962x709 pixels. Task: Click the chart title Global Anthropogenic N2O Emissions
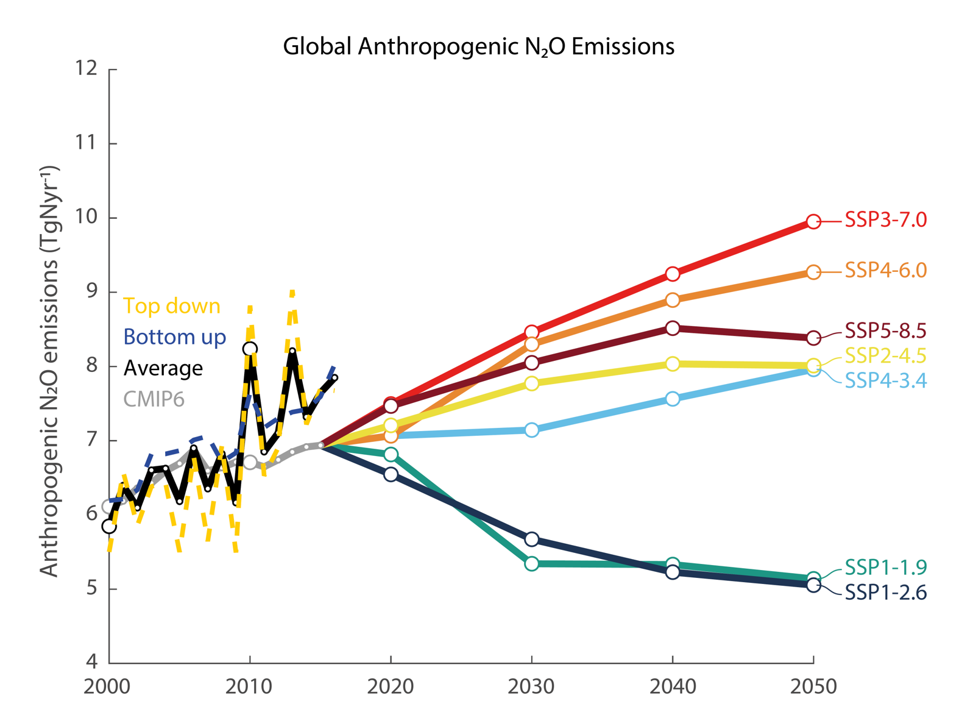point(479,46)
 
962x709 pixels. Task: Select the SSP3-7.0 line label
point(885,220)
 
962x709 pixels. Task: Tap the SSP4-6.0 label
point(885,270)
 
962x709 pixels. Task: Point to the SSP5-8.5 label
point(885,331)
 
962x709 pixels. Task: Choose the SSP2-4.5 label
point(885,355)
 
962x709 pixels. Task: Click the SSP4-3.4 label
point(885,381)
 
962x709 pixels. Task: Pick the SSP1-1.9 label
point(885,567)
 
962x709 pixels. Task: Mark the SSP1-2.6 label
point(885,593)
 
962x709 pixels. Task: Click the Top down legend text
point(172,306)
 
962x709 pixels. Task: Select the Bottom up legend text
point(174,337)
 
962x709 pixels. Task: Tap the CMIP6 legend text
point(154,399)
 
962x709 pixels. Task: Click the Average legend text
point(163,368)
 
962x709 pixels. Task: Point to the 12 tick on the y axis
point(86,68)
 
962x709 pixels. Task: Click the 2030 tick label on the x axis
point(531,686)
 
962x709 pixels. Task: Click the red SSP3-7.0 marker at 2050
point(813,222)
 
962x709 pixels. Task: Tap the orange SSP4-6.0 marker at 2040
point(673,300)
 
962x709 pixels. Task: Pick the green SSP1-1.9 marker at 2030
point(531,564)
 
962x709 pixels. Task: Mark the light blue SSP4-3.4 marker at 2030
point(531,430)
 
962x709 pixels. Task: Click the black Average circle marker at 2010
point(250,349)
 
